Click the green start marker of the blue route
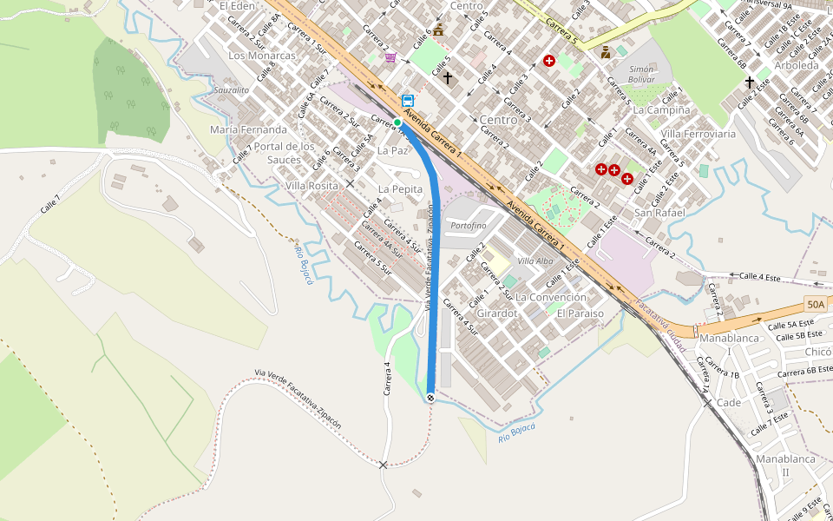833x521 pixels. coord(397,122)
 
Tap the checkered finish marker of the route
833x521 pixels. coord(430,397)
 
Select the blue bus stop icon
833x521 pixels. coord(408,101)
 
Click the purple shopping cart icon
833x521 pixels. coord(390,57)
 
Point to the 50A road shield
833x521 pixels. coord(815,304)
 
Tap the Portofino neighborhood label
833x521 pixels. coord(469,226)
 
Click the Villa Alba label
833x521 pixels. coord(535,261)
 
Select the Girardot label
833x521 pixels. coord(497,312)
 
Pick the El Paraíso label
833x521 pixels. coord(580,313)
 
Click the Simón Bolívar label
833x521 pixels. coord(641,73)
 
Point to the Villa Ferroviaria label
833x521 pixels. coord(698,134)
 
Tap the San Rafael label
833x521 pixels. coord(659,213)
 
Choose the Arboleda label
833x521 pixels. coord(796,65)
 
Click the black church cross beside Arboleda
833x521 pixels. coord(750,82)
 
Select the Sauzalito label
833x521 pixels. coord(232,89)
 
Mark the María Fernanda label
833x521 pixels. coord(248,129)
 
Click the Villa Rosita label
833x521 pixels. coord(312,186)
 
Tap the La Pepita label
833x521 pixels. coord(400,188)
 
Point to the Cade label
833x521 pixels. coord(729,403)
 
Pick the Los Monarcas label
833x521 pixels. coord(261,56)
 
